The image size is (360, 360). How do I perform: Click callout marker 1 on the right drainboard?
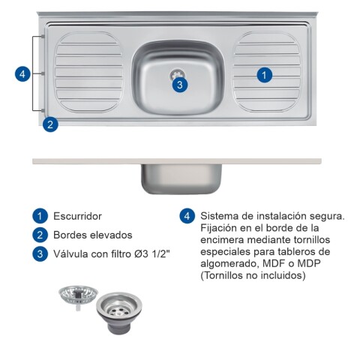pos(264,74)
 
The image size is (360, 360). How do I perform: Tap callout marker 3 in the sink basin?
pos(178,84)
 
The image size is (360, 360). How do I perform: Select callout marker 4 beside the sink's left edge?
pos(23,73)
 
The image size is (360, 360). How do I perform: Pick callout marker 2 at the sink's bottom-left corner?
pos(49,124)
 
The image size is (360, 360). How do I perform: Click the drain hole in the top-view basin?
pos(178,73)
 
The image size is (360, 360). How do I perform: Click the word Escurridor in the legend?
pos(77,216)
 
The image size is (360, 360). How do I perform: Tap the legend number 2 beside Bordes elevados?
pos(39,235)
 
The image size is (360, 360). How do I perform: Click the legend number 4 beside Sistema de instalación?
pos(187,216)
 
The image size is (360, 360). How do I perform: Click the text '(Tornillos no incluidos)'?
pos(253,275)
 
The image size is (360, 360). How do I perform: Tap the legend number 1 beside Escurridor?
pos(39,216)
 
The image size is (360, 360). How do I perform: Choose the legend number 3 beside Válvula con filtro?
pos(39,253)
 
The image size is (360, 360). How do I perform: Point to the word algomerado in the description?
pos(226,263)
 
